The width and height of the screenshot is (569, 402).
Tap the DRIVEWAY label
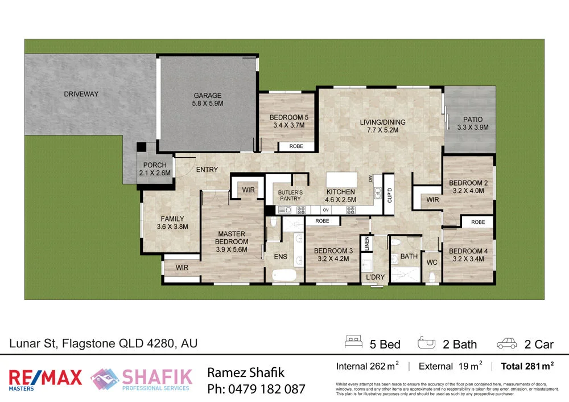click(81, 94)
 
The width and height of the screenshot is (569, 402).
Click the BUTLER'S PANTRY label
click(290, 196)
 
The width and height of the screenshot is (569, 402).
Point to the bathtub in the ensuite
click(284, 276)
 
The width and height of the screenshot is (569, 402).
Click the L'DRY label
click(375, 277)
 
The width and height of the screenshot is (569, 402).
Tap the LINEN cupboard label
click(368, 244)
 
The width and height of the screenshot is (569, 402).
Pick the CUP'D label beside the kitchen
click(389, 195)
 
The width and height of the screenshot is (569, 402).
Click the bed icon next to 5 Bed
click(353, 342)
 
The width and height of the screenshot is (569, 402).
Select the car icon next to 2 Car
click(506, 343)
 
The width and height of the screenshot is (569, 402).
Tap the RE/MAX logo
click(45, 379)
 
